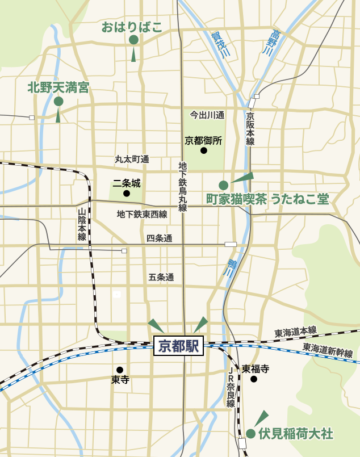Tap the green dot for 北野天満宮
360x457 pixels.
58,101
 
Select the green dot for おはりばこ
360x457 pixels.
133,40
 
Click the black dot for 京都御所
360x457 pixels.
203,151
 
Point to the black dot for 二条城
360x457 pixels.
127,194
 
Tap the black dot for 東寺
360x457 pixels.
120,370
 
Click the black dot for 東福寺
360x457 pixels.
254,379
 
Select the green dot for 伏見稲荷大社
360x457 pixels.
250,434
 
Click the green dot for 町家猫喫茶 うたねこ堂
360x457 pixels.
224,185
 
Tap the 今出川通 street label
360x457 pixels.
207,115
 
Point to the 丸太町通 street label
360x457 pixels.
132,160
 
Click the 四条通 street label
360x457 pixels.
159,238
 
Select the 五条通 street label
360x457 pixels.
161,278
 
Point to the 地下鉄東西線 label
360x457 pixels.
142,215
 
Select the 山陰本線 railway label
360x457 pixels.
82,224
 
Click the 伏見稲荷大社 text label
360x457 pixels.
295,434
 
